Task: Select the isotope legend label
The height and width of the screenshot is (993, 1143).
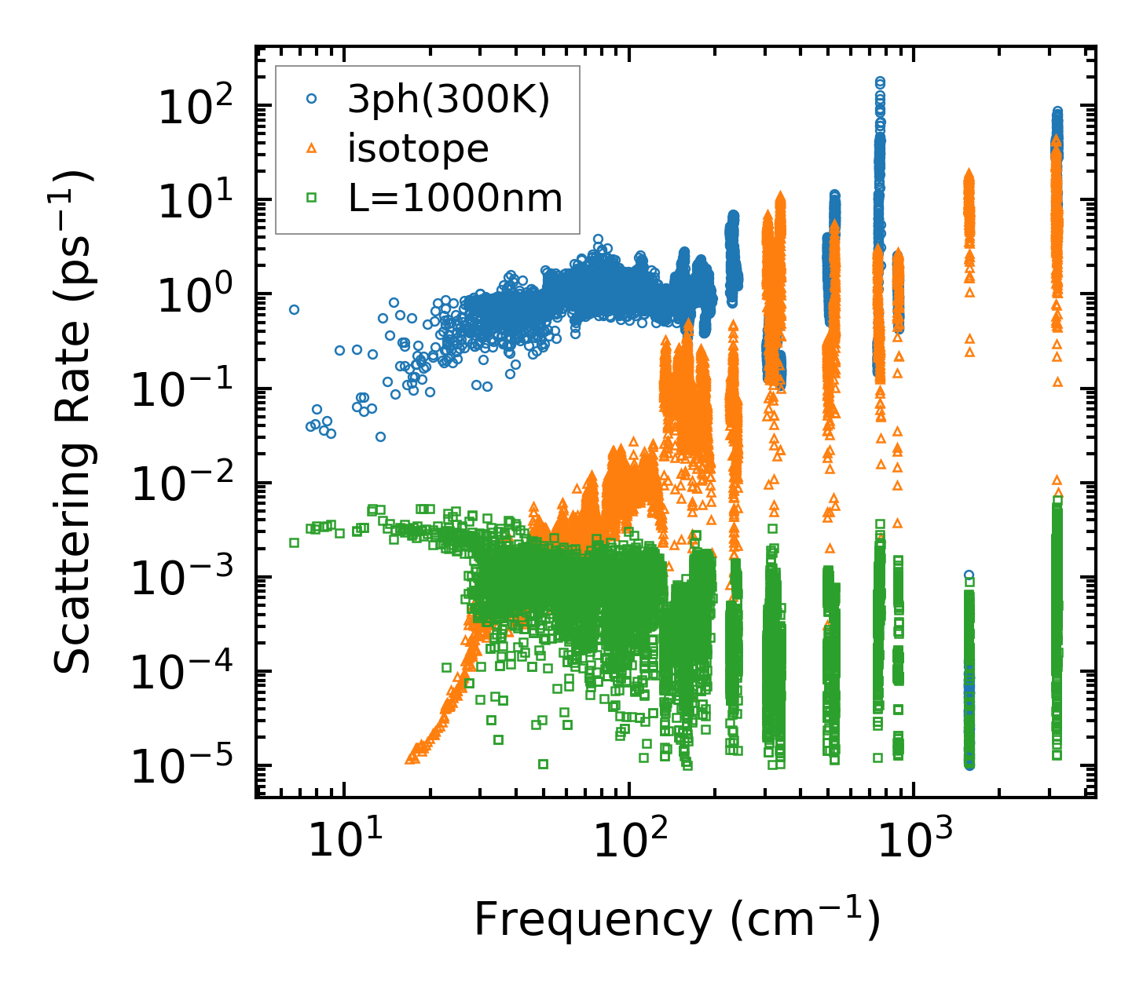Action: [418, 148]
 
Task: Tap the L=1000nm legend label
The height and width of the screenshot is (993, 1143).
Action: [456, 198]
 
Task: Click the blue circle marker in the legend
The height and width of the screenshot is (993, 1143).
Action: [311, 100]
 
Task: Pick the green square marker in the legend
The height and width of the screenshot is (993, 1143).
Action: [311, 197]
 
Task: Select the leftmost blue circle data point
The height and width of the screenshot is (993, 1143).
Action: [294, 309]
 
